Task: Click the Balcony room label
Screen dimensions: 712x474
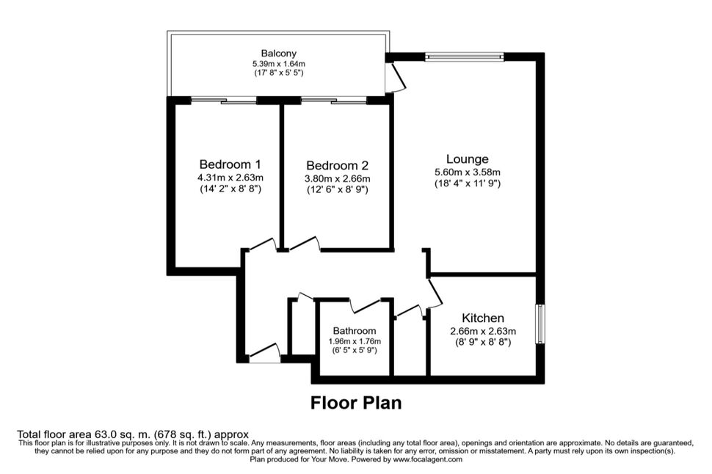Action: pos(278,53)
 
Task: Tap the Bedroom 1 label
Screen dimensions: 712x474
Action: pos(230,164)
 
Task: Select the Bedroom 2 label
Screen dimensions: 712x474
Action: pos(337,165)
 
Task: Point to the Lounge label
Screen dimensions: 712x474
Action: pos(468,159)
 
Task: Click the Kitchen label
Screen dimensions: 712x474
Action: pos(483,318)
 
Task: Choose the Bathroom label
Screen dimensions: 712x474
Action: pos(355,330)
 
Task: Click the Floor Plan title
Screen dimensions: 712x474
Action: pos(356,403)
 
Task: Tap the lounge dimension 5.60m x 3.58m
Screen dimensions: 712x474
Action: pos(468,172)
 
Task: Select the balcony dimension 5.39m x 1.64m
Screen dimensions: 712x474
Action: pos(279,64)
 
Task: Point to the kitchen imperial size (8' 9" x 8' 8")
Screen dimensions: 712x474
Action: pos(483,342)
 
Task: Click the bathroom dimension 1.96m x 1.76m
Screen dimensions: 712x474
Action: pos(355,341)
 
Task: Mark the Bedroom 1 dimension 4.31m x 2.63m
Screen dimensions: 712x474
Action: pos(230,177)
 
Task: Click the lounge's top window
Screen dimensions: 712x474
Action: pos(465,56)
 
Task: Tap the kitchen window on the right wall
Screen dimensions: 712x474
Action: pos(540,324)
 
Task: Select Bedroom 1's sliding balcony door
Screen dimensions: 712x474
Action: pos(223,101)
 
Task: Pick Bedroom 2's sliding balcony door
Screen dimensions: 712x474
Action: pos(334,101)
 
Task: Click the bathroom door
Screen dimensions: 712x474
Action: pos(367,305)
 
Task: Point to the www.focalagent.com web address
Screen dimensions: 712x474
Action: pos(428,459)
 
